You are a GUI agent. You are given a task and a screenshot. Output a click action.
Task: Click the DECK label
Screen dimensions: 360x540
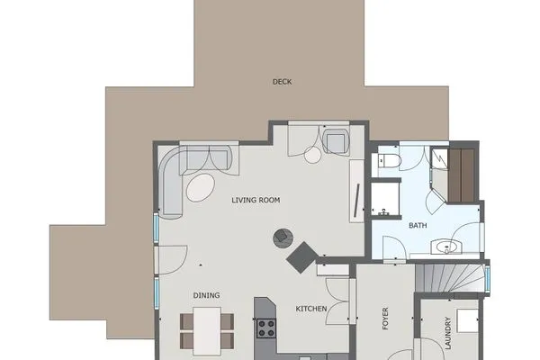(x=282, y=82)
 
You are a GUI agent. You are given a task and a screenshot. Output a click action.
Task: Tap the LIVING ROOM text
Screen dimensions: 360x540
(x=257, y=200)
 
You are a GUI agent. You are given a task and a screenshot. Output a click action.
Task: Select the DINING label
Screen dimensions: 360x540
(x=206, y=295)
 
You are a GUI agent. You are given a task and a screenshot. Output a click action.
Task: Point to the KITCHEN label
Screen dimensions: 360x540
(x=311, y=310)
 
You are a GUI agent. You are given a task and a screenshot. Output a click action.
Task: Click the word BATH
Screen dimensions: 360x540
(x=418, y=225)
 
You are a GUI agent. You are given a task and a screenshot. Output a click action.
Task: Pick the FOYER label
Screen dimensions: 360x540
(x=385, y=319)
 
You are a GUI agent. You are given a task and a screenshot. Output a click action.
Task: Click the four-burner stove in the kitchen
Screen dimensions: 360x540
(x=265, y=328)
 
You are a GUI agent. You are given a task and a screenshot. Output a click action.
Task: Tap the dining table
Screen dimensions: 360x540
(x=207, y=330)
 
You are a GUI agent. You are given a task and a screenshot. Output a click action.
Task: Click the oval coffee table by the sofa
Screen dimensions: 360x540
(x=201, y=187)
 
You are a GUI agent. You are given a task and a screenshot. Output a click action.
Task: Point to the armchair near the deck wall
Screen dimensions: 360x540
(x=336, y=142)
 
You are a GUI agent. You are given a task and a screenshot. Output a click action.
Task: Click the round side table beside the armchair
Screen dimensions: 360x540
(x=312, y=155)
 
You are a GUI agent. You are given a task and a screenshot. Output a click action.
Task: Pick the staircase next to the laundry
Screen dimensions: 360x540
(x=450, y=277)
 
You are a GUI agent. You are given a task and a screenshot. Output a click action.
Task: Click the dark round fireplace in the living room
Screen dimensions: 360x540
(x=282, y=238)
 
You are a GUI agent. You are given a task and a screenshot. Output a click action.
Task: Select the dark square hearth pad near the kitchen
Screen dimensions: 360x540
(x=301, y=257)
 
